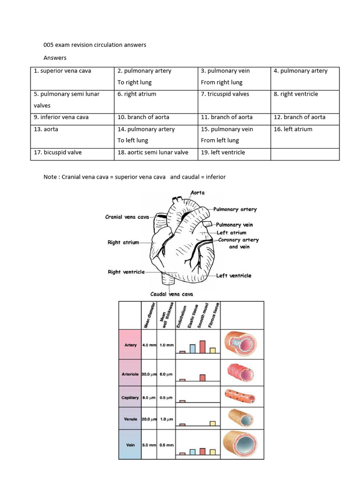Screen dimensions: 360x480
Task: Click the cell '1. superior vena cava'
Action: [62, 71]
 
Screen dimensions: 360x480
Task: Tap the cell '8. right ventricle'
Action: [295, 94]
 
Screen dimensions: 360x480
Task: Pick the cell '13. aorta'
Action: [46, 129]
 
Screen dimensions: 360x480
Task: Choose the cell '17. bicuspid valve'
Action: [57, 152]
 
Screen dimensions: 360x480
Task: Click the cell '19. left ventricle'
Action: [223, 152]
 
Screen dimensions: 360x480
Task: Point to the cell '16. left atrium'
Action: [292, 129]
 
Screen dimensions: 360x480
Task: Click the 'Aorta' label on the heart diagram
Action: [197, 193]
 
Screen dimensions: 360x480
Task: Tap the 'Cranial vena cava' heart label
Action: [127, 217]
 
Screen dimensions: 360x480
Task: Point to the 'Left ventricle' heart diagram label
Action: [234, 276]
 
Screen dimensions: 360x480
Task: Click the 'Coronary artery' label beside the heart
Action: [239, 240]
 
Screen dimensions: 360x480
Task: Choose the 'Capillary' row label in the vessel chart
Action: [130, 397]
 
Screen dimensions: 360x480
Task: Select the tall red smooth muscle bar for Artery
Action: [202, 346]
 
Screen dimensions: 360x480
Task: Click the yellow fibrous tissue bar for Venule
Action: [212, 424]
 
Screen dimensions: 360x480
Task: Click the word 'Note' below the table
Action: [50, 177]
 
